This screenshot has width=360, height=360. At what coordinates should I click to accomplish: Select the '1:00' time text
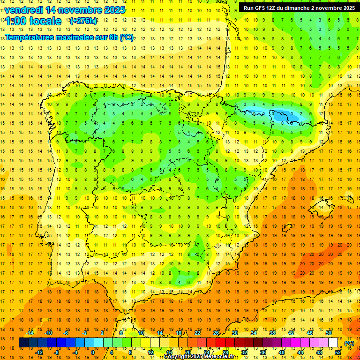pyautogui.click(x=18, y=21)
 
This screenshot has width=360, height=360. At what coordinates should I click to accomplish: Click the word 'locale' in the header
pyautogui.click(x=47, y=21)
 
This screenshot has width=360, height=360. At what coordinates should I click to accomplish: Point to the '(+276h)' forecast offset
pyautogui.click(x=83, y=21)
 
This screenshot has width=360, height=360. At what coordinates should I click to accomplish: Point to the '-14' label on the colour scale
pyautogui.click(x=30, y=333)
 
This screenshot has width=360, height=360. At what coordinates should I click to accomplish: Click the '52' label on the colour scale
pyautogui.click(x=338, y=352)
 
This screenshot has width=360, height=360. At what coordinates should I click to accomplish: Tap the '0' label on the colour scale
pyautogui.click(x=93, y=352)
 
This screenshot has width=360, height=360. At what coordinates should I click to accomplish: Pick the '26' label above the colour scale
pyautogui.click(x=216, y=333)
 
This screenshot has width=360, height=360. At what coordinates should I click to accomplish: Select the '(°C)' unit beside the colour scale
pyautogui.click(x=350, y=343)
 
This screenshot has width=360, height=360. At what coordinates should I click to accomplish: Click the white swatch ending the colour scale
pyautogui.click(x=333, y=343)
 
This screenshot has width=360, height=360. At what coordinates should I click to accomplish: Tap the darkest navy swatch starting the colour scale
pyautogui.click(x=23, y=343)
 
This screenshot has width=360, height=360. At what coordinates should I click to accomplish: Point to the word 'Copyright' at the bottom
pyautogui.click(x=177, y=357)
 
